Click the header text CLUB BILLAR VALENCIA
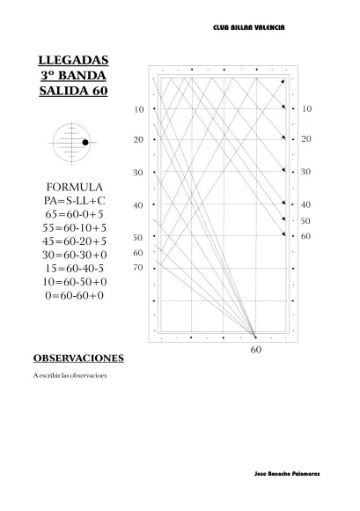pyautogui.click(x=248, y=28)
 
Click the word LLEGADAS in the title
pyautogui.click(x=74, y=61)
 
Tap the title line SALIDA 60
pyautogui.click(x=74, y=91)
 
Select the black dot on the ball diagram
pyautogui.click(x=84, y=142)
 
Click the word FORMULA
pyautogui.click(x=74, y=188)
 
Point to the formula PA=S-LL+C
pyautogui.click(x=74, y=201)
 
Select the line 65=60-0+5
pyautogui.click(x=74, y=214)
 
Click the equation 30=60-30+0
pyautogui.click(x=74, y=255)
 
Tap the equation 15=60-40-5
pyautogui.click(x=74, y=268)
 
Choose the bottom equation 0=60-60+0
pyautogui.click(x=74, y=295)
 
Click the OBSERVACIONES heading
pyautogui.click(x=78, y=359)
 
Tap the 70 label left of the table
pyautogui.click(x=138, y=267)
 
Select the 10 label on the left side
pyautogui.click(x=138, y=110)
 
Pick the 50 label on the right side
pyautogui.click(x=305, y=221)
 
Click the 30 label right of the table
pyautogui.click(x=305, y=171)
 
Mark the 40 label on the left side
pyautogui.click(x=138, y=205)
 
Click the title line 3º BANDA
pyautogui.click(x=74, y=76)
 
